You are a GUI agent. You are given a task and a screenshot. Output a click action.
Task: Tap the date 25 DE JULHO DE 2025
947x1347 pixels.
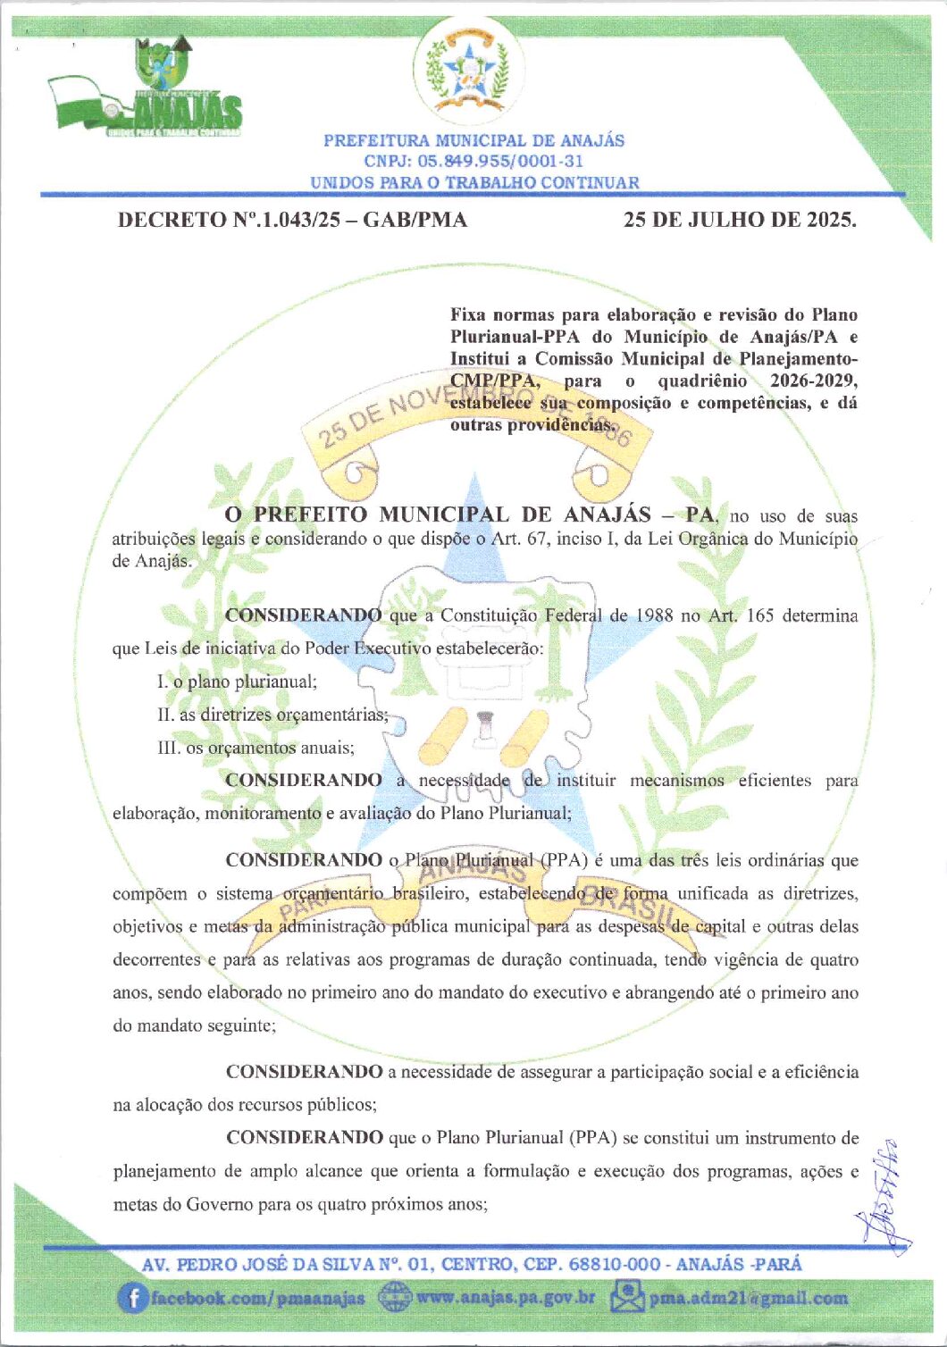[x=740, y=220]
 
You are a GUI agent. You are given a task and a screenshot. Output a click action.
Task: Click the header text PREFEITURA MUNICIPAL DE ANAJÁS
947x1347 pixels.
[x=473, y=140]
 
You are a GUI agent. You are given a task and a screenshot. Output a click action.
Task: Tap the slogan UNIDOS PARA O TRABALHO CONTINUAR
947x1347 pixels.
[x=474, y=182]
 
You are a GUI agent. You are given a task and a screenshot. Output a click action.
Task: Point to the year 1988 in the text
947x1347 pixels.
[x=654, y=615]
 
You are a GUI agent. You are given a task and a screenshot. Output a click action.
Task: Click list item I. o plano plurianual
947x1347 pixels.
[x=237, y=682]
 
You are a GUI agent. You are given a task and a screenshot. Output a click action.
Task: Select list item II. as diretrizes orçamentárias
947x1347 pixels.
[x=272, y=715]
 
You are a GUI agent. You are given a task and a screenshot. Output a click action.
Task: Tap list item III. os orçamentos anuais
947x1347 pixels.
[x=256, y=748]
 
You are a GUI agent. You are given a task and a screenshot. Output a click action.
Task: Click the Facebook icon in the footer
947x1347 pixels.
[x=132, y=1298]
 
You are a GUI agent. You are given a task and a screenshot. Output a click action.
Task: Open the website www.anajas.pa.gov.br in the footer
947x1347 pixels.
[x=506, y=1297]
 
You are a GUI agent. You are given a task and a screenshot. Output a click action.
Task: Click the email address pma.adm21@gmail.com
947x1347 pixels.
[x=749, y=1298]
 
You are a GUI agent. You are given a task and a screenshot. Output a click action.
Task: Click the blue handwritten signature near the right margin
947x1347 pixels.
[x=885, y=1197]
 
